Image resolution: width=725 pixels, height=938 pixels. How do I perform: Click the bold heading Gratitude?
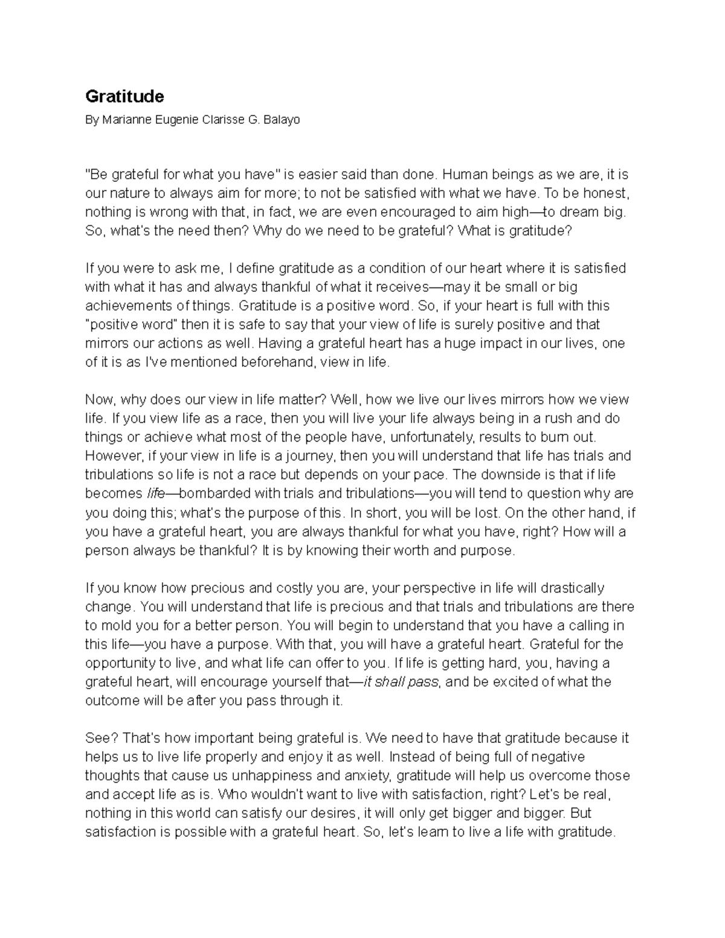(x=124, y=96)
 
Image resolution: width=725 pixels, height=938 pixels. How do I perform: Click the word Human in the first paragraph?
(x=462, y=175)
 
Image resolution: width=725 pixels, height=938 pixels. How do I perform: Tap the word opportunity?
(x=120, y=663)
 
